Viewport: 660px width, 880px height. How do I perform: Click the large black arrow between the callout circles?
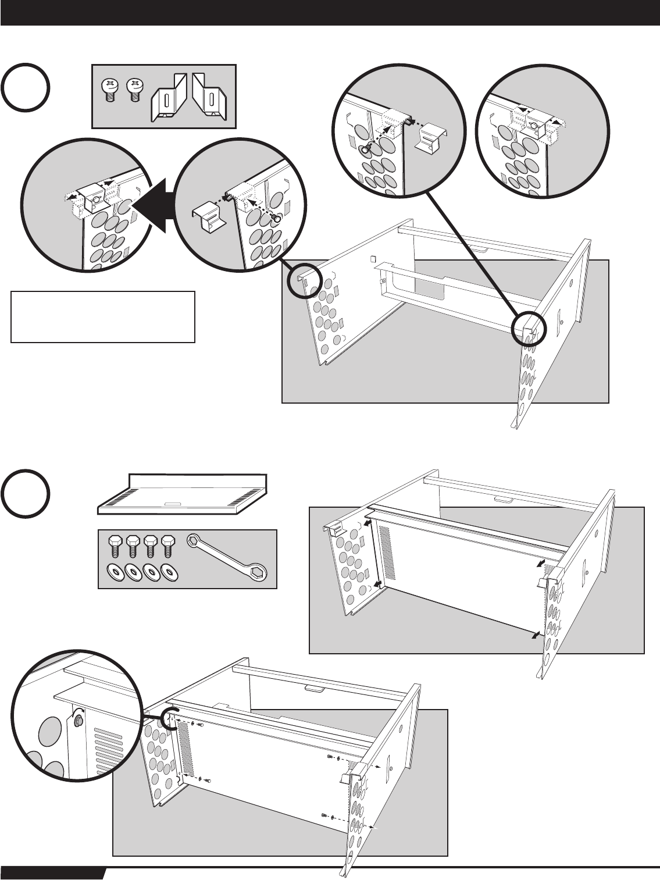pos(155,204)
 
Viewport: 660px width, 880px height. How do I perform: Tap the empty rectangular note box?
pos(102,316)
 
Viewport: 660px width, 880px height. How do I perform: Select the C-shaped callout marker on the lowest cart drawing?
pos(169,718)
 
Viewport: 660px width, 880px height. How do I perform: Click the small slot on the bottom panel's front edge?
pos(173,504)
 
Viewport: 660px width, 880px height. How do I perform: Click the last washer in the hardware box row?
pos(171,572)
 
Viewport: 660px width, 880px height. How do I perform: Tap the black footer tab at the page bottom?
pos(52,874)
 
